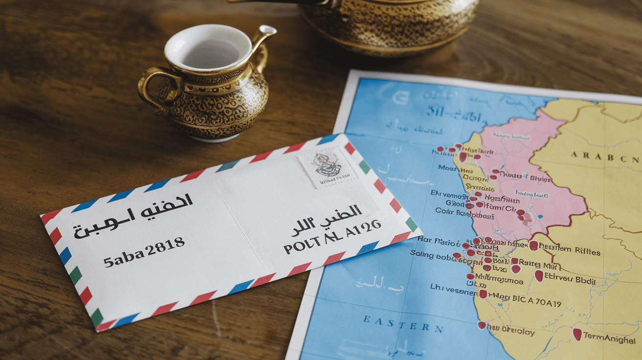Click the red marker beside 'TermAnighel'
[577, 334]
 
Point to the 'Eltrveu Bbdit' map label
[571, 281]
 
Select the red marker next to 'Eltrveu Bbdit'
[539, 276]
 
